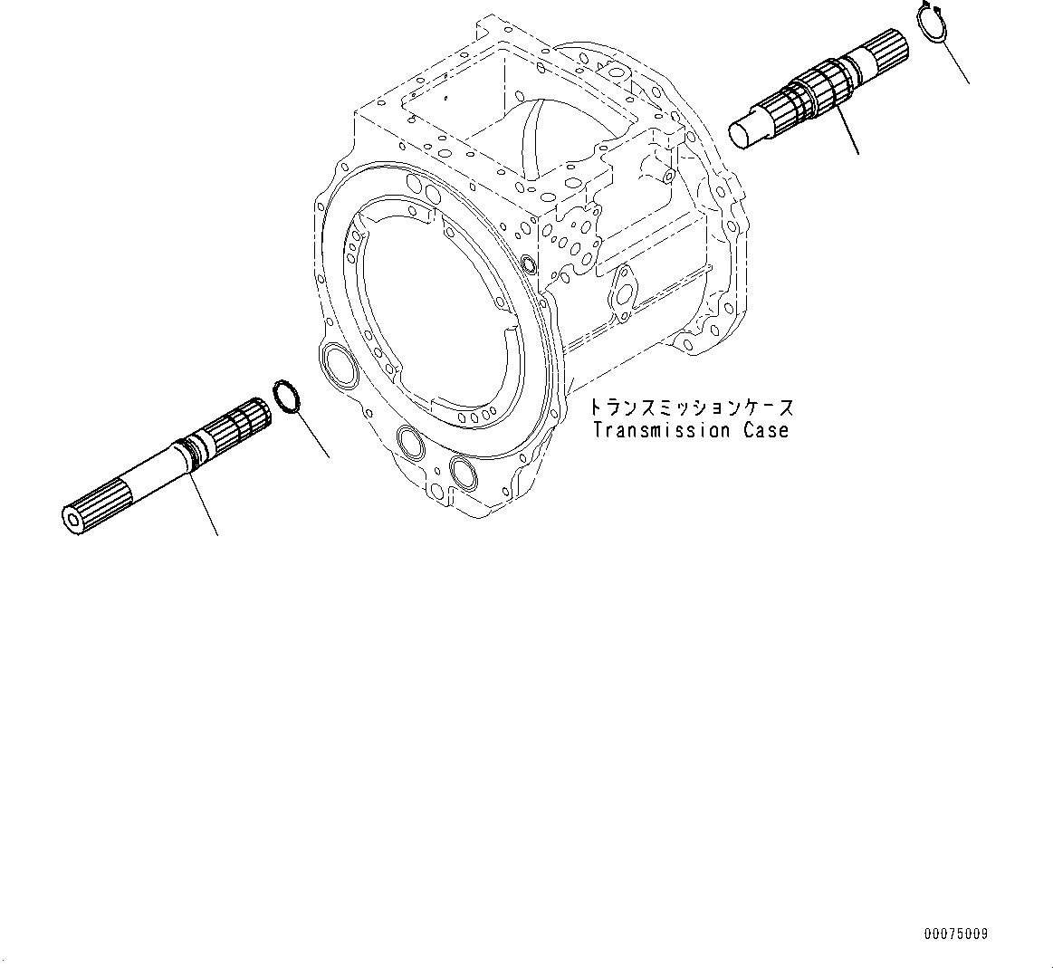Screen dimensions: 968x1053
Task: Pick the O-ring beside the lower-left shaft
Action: coord(287,398)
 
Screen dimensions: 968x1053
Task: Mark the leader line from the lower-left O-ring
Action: coord(311,435)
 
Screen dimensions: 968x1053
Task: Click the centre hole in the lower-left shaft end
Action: coord(72,519)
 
